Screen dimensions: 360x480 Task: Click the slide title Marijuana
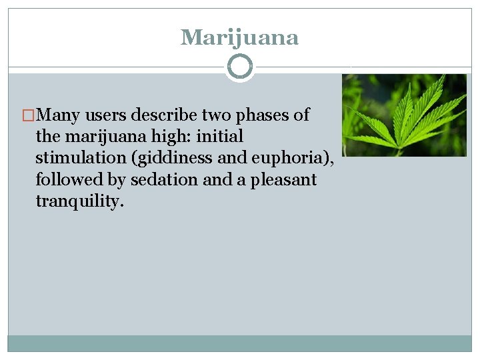click(x=239, y=37)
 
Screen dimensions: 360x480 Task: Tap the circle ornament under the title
click(x=240, y=67)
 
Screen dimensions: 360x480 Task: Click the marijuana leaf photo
click(x=404, y=115)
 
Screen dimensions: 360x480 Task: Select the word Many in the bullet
click(x=58, y=115)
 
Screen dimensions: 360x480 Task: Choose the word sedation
click(x=163, y=180)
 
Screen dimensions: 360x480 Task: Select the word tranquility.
click(x=79, y=201)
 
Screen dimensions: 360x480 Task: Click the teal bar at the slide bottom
click(x=239, y=343)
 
